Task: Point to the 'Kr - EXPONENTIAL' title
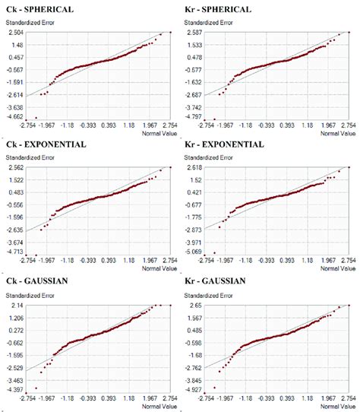[x=223, y=144]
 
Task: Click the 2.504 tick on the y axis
[x=15, y=33]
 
